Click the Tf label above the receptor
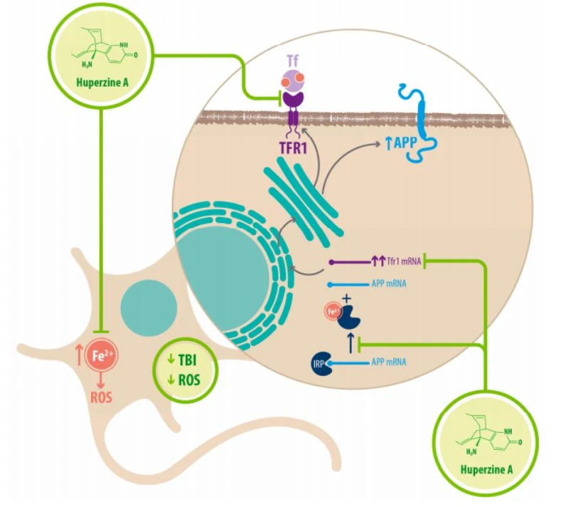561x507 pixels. pos(293,62)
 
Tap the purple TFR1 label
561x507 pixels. pos(293,148)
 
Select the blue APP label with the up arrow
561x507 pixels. pos(401,143)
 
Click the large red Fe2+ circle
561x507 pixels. pos(102,356)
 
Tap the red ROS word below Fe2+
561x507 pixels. pos(101,397)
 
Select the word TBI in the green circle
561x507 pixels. pos(187,360)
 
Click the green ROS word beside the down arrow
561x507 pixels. pos(189,380)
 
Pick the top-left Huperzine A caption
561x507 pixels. pos(102,83)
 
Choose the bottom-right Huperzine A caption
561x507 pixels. pos(486,469)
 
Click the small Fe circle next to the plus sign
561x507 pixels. pos(332,313)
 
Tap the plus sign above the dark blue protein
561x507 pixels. pos(347,298)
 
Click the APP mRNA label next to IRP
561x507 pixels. pos(389,362)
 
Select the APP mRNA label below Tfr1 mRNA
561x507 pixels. pos(389,284)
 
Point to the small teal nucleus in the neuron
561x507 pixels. pos(149,308)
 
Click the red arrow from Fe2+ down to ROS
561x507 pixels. pos(101,381)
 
